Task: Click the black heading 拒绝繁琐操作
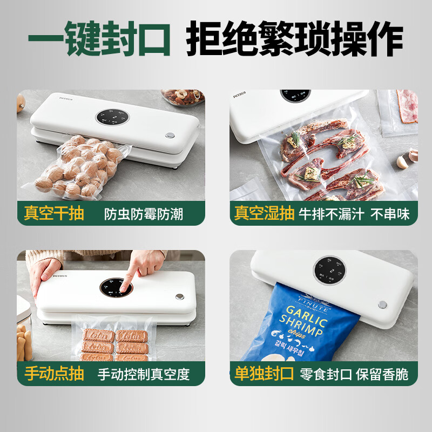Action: tap(294, 39)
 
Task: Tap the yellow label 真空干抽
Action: tap(54, 213)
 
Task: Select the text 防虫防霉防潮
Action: tap(144, 214)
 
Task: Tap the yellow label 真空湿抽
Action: tap(265, 213)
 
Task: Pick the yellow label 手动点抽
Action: tap(54, 373)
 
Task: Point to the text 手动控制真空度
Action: tap(144, 374)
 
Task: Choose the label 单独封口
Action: tap(265, 373)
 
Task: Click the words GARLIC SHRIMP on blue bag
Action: tap(305, 320)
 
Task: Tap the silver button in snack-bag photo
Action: tap(382, 305)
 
